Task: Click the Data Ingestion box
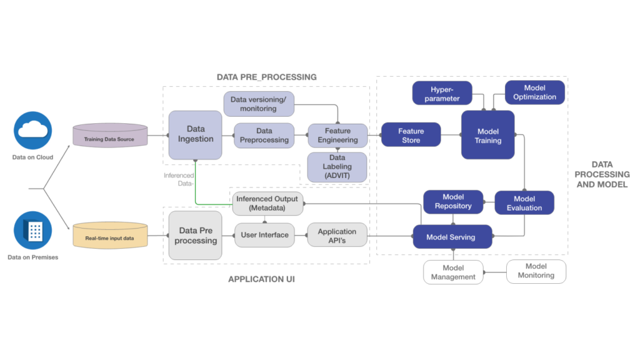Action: pyautogui.click(x=196, y=135)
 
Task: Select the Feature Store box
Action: pyautogui.click(x=411, y=135)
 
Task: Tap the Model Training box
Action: pyautogui.click(x=488, y=136)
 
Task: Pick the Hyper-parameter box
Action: pyautogui.click(x=442, y=93)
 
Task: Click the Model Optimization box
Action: pyautogui.click(x=534, y=92)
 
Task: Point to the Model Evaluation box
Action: pyautogui.click(x=524, y=203)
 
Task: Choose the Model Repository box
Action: pyautogui.click(x=453, y=202)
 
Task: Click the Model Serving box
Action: pyautogui.click(x=451, y=237)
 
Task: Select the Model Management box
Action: pyautogui.click(x=453, y=272)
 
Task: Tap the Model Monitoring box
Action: pyautogui.click(x=536, y=271)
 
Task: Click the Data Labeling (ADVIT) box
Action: pyautogui.click(x=337, y=167)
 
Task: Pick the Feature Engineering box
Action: pyautogui.click(x=337, y=136)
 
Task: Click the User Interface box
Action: pyautogui.click(x=265, y=235)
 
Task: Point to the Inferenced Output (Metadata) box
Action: pyautogui.click(x=267, y=203)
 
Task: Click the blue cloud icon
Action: pyautogui.click(x=32, y=130)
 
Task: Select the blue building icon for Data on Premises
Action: pyautogui.click(x=32, y=231)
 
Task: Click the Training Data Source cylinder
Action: pyautogui.click(x=110, y=136)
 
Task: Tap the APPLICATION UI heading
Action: pyautogui.click(x=261, y=279)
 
